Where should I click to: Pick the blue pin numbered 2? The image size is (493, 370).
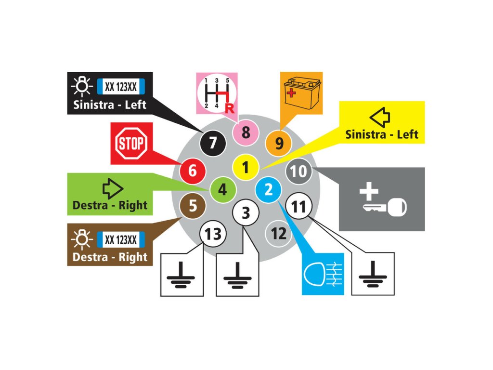(269, 189)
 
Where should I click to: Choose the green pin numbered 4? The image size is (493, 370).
(222, 189)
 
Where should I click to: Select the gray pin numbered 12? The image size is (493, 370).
(279, 234)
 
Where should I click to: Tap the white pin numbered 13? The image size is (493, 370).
(213, 234)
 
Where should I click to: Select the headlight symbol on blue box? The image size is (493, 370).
(323, 274)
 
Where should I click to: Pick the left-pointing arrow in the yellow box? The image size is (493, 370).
(379, 117)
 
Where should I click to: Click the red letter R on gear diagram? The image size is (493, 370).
(229, 109)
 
